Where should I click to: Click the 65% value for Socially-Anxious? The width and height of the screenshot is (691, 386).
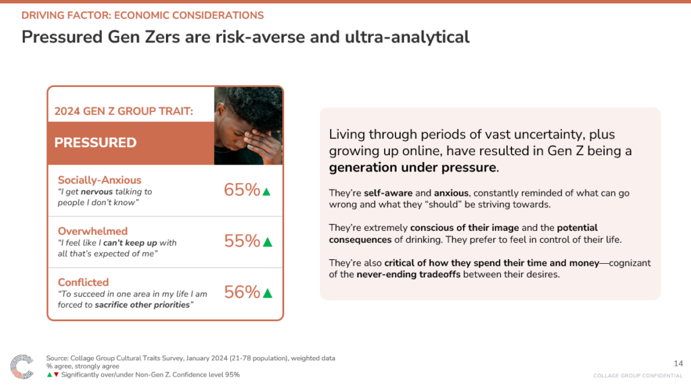[x=242, y=190]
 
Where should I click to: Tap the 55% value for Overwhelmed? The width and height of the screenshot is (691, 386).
[x=242, y=241]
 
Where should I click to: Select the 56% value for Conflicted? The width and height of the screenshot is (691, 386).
[x=242, y=292]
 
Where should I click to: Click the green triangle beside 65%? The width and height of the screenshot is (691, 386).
[x=266, y=192]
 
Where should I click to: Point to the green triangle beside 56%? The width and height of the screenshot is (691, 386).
[x=267, y=294]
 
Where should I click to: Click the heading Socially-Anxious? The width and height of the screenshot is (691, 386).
[x=100, y=180]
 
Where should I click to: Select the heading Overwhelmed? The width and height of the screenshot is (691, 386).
[x=92, y=231]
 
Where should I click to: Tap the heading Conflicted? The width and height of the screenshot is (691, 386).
[x=83, y=282]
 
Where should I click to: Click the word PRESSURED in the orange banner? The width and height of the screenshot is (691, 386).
[x=95, y=143]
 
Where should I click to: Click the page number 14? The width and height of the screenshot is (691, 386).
[x=678, y=364]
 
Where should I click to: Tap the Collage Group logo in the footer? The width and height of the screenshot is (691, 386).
[x=22, y=366]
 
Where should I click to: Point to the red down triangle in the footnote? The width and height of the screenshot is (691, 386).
[x=56, y=375]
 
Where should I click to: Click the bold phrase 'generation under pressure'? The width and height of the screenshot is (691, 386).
[x=412, y=167]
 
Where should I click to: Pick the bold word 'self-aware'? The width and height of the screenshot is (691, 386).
[x=388, y=193]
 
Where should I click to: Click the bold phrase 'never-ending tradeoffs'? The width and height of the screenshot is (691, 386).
[x=408, y=275]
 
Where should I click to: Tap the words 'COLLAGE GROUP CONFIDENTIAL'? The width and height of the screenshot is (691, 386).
[x=638, y=376]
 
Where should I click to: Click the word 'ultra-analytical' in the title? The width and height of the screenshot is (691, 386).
[x=407, y=37]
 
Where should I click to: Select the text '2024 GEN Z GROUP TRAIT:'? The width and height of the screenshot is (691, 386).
[x=124, y=111]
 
